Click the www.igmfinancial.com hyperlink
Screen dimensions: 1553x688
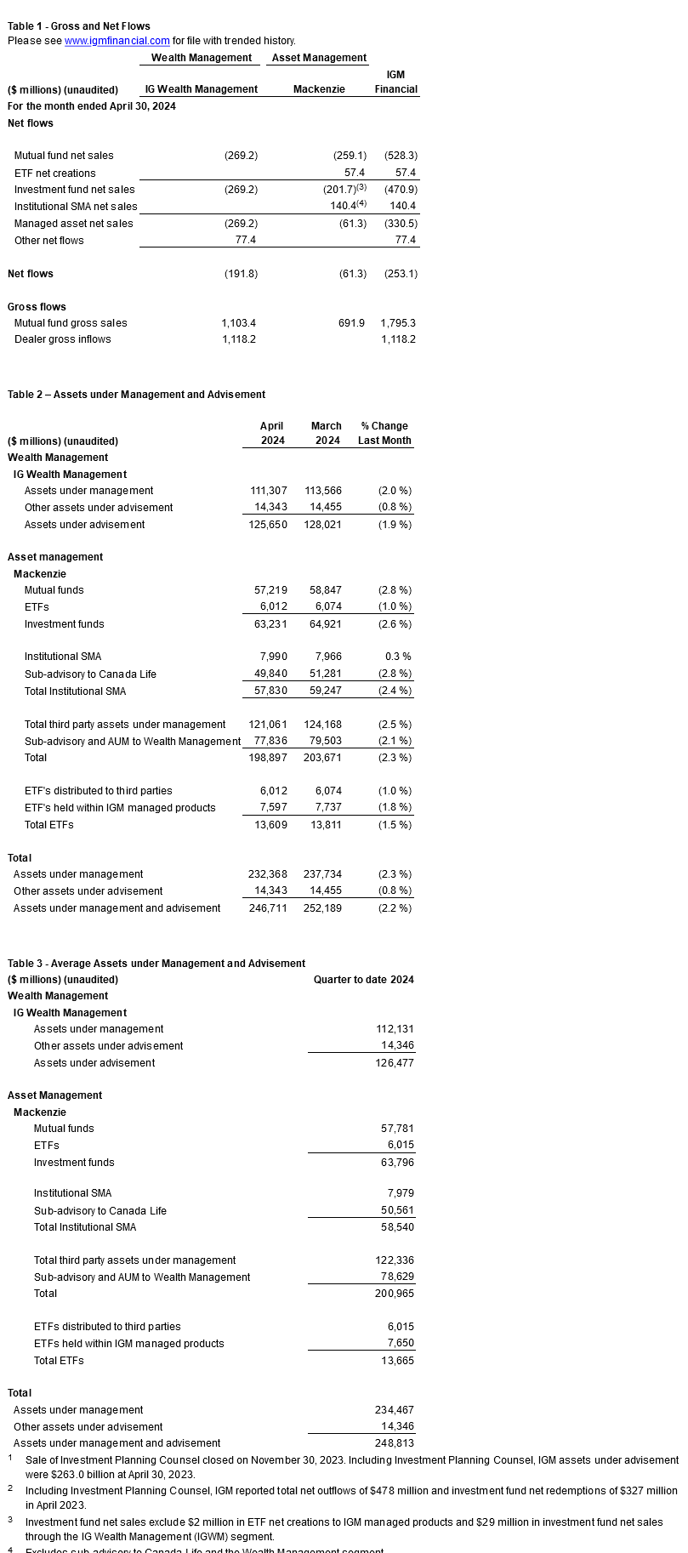117,41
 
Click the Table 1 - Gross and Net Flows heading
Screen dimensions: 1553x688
79,26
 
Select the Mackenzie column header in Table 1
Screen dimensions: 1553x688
319,89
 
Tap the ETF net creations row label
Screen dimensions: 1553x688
54,174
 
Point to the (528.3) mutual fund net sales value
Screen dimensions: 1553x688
401,156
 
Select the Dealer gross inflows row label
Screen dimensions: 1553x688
62,339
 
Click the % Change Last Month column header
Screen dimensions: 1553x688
384,433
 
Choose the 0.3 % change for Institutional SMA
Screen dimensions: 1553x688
397,657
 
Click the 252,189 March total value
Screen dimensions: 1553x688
323,908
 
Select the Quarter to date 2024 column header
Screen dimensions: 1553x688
363,980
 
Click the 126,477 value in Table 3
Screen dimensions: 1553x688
395,1063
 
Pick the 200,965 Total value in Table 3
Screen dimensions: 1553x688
395,1294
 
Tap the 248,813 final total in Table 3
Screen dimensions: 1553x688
395,1443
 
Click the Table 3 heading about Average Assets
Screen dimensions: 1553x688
156,964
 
